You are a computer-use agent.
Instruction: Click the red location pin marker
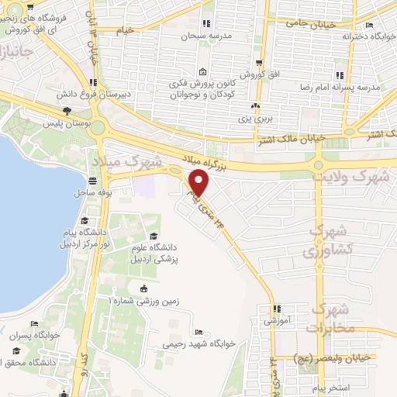200,183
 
